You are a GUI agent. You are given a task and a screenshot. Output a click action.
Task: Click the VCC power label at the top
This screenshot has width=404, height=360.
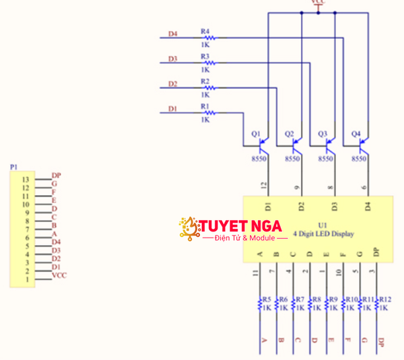(318, 3)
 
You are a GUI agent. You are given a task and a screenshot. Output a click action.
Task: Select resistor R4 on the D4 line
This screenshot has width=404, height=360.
(209, 38)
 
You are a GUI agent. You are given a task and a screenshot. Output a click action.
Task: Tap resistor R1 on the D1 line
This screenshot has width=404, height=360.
(208, 113)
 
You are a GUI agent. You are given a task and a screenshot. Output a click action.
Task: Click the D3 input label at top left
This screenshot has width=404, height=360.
(172, 59)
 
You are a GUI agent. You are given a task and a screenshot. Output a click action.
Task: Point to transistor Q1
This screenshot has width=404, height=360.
(265, 143)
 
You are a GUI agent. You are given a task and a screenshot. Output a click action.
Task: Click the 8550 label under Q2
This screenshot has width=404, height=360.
(292, 159)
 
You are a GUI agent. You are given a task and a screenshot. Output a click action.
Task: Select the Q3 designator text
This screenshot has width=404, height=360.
(322, 134)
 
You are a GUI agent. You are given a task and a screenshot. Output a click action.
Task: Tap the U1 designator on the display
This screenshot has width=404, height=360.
(323, 225)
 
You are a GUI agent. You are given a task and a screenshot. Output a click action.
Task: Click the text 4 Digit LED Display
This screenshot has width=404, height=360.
(323, 234)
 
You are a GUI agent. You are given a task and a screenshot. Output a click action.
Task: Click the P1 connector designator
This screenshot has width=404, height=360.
(14, 166)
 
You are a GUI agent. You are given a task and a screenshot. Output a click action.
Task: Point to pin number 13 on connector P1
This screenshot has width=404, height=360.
(26, 180)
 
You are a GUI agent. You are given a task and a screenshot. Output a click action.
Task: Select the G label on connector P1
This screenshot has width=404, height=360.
(55, 183)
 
